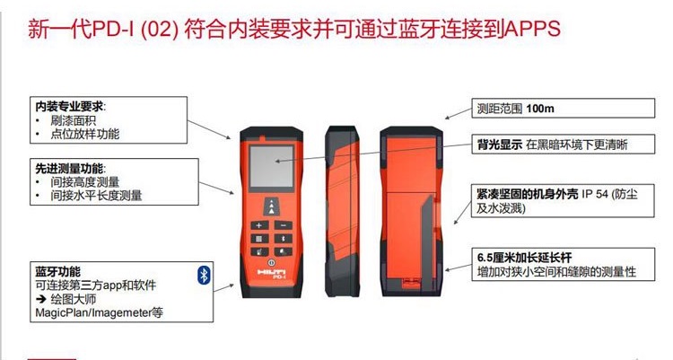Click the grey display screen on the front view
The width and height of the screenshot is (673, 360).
click(x=272, y=166)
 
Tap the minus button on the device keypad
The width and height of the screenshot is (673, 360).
click(x=283, y=225)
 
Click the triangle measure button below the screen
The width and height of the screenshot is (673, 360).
click(x=271, y=206)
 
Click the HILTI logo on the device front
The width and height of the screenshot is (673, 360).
click(x=272, y=271)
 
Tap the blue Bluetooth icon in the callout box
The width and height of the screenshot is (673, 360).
click(x=204, y=275)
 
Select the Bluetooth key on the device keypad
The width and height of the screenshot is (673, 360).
click(x=283, y=239)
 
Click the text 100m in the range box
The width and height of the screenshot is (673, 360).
click(x=540, y=109)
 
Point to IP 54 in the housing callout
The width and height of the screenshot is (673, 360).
click(x=594, y=194)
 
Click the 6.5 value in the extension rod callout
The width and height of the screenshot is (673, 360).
click(x=485, y=258)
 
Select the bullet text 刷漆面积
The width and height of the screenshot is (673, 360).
click(x=73, y=120)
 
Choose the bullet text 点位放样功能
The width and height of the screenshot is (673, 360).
click(x=85, y=134)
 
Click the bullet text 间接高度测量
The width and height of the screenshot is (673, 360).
click(x=85, y=181)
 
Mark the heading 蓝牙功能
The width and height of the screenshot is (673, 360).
click(x=58, y=271)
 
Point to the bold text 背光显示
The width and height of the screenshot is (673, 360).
click(x=500, y=145)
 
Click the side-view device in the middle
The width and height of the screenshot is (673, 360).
click(x=341, y=211)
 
